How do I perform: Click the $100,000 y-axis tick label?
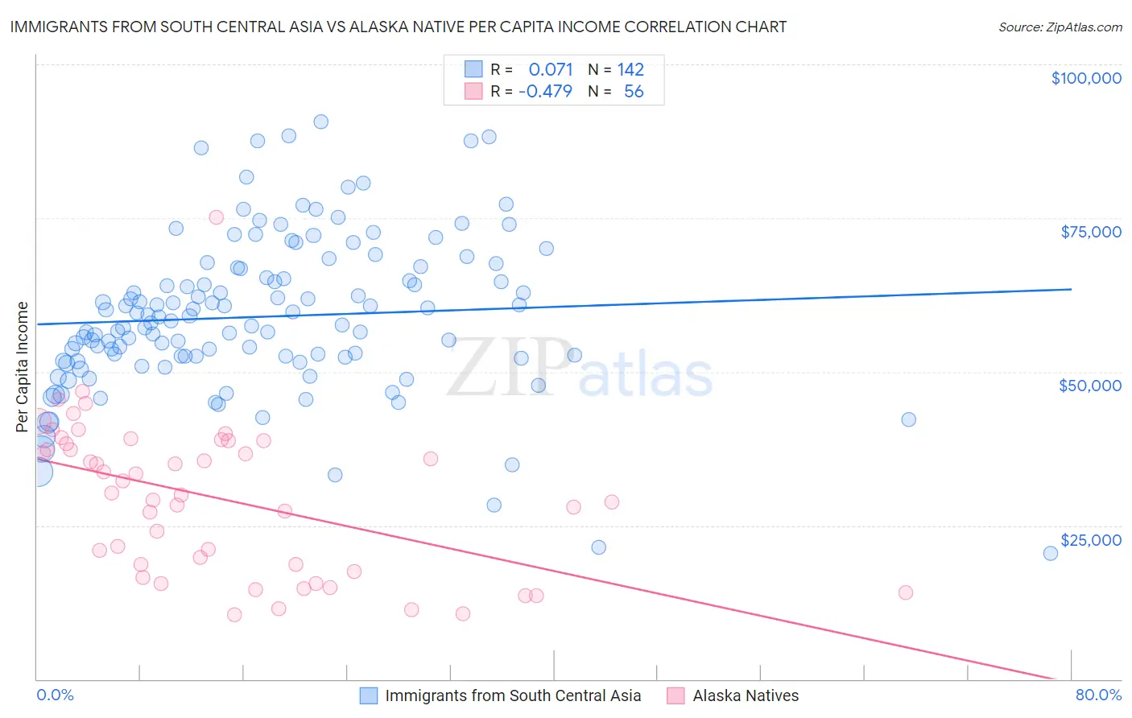[x=1086, y=78]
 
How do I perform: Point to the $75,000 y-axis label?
[x=1091, y=232]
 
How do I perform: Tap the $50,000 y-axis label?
[x=1090, y=386]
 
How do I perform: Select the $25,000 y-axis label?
[x=1091, y=540]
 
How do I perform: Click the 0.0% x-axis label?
[x=55, y=695]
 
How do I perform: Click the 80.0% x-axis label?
[x=1098, y=695]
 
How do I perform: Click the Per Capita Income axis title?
[x=23, y=366]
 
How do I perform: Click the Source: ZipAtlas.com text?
[x=1060, y=27]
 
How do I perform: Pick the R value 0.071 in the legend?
[x=551, y=70]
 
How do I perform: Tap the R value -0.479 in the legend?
[x=545, y=92]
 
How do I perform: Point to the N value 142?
[x=630, y=70]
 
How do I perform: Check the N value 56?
[x=634, y=92]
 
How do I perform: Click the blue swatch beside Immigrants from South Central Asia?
[x=369, y=695]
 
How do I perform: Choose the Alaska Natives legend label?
[x=746, y=695]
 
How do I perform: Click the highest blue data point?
[x=320, y=122]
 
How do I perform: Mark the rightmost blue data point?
[x=1050, y=553]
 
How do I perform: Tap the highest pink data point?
[x=216, y=217]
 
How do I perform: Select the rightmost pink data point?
[x=905, y=592]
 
